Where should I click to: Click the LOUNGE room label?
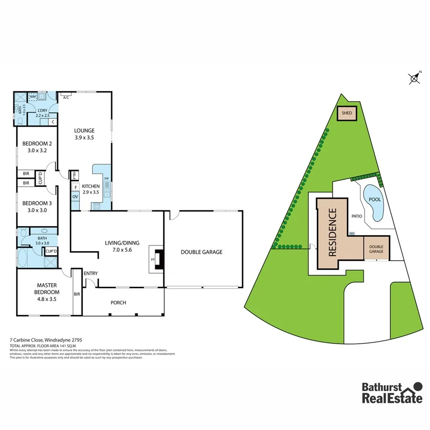coord(84,130)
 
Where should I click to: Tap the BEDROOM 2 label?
coord(37,144)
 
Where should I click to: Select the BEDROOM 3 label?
coord(37,203)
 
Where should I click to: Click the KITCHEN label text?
coord(91,186)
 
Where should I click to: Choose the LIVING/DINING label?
coord(118,243)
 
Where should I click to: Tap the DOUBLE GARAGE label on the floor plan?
coord(201,252)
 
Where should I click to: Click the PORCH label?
coord(118,302)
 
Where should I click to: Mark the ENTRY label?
coord(91,273)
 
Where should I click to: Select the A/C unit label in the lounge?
coord(66,97)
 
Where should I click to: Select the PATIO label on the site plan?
coord(357,216)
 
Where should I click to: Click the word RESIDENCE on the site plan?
coord(333,232)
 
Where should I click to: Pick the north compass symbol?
coord(415,78)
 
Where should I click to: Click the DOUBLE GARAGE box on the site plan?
coord(376,248)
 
